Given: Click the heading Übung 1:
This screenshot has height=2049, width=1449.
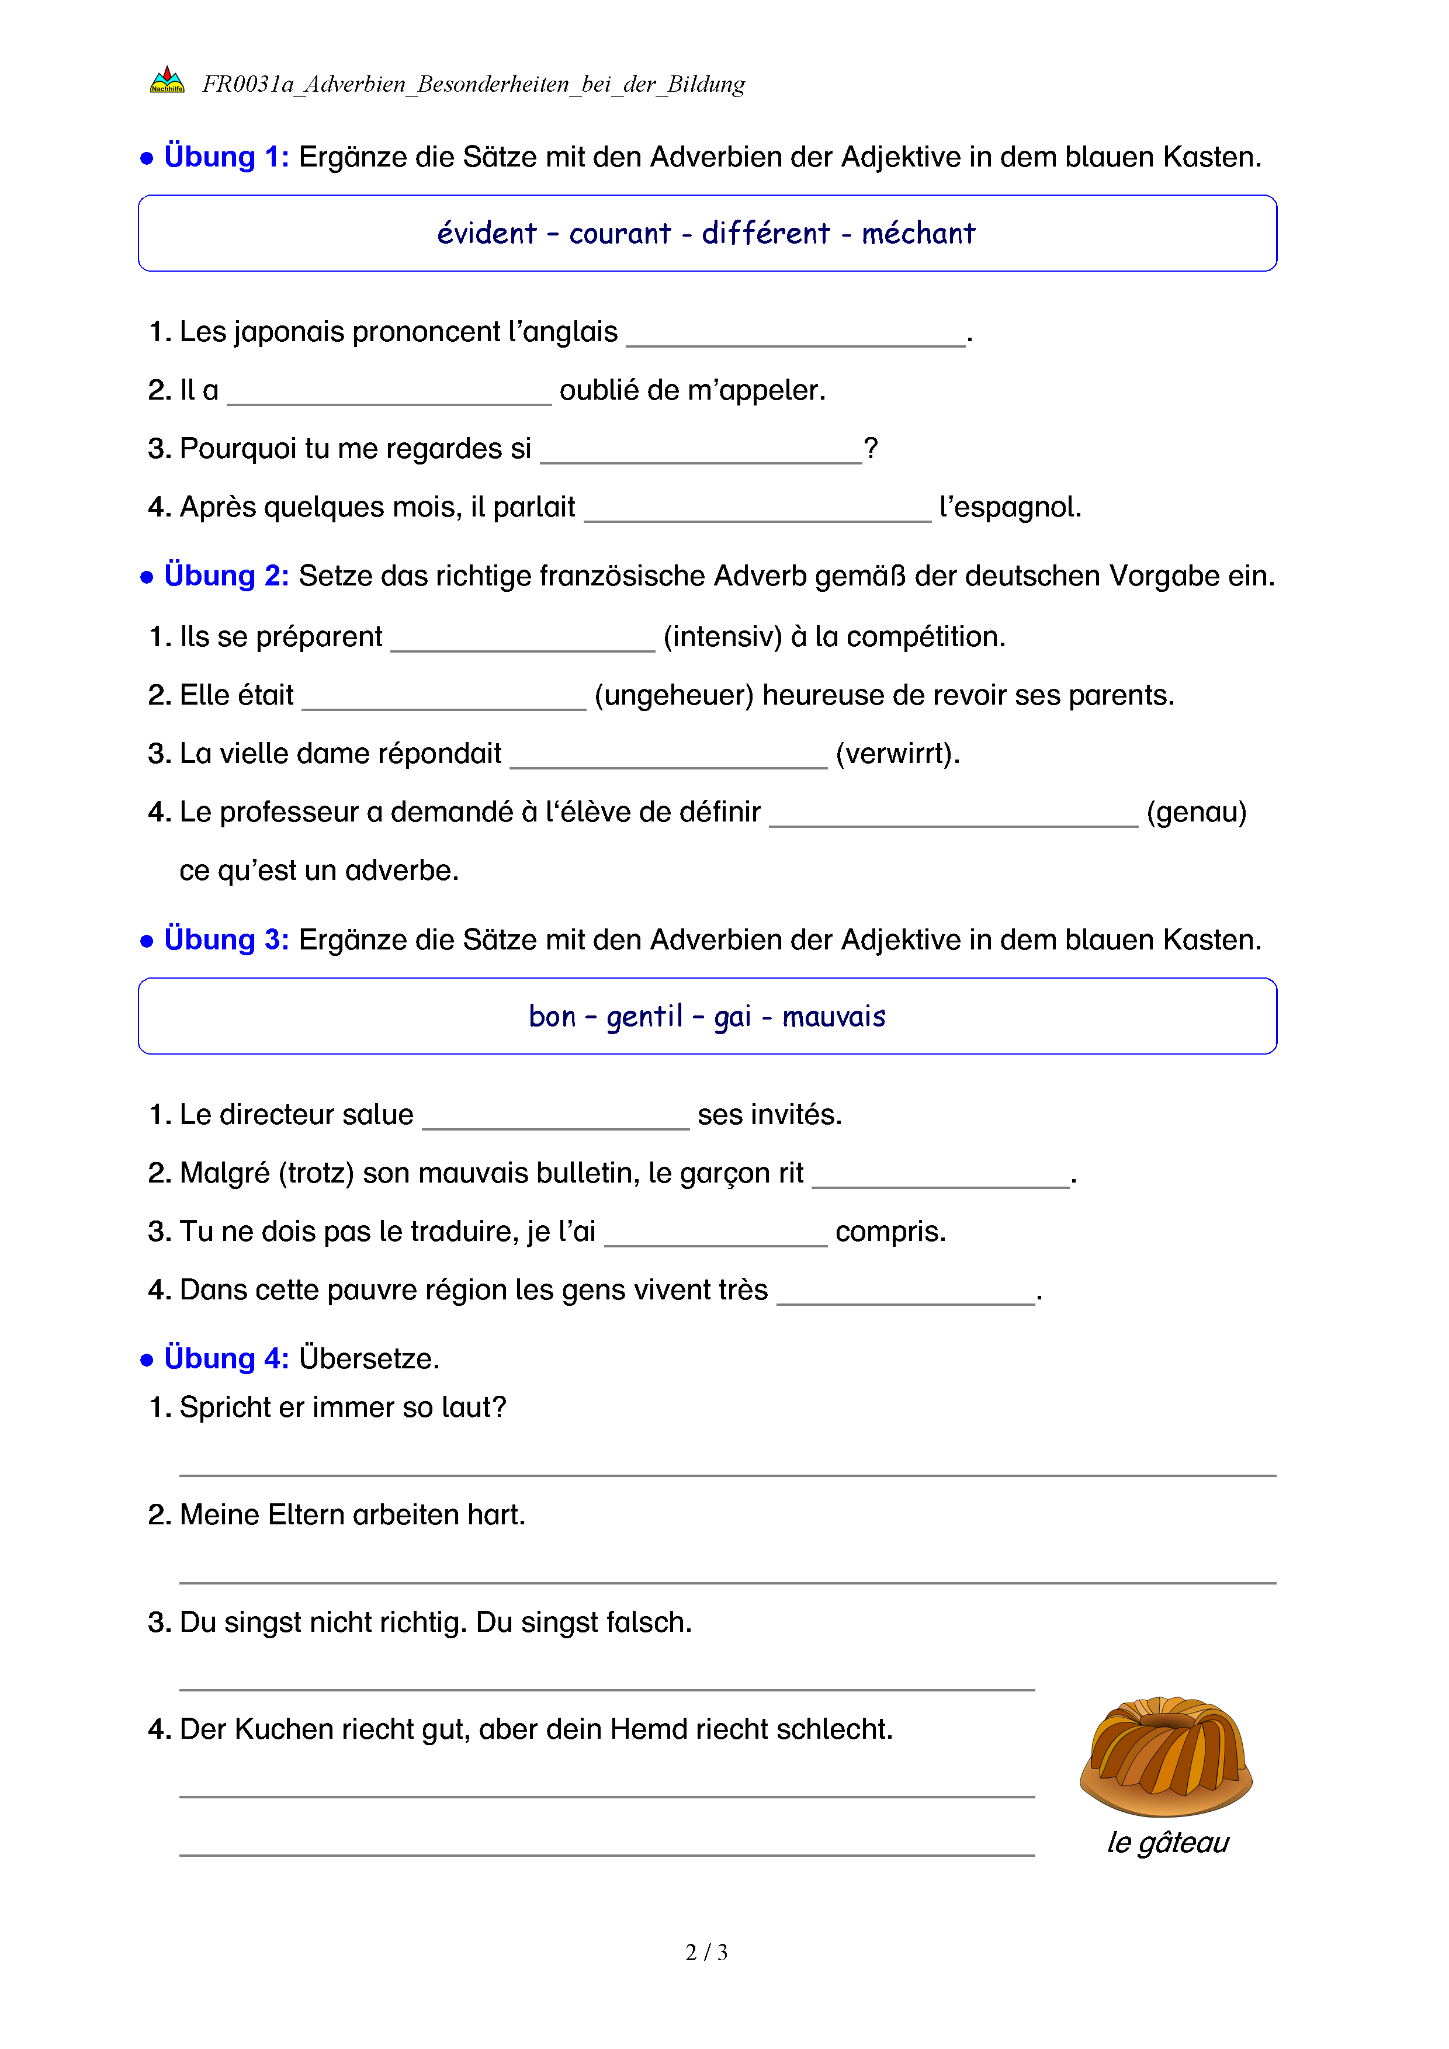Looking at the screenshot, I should (x=227, y=157).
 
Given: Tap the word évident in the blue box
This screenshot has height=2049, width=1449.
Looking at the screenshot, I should (x=486, y=234).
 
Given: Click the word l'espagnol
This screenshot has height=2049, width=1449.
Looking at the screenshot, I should (x=1010, y=507).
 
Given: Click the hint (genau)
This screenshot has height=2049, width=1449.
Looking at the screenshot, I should (x=1195, y=812).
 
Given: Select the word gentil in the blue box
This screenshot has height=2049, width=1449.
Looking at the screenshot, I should (x=644, y=1017).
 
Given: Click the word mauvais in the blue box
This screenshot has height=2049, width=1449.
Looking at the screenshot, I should (x=833, y=1017).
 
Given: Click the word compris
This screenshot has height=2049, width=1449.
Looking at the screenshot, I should (x=890, y=1232).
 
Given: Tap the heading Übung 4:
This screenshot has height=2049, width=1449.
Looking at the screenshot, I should (x=227, y=1358).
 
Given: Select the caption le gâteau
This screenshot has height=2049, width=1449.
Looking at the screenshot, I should (x=1168, y=1842).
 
